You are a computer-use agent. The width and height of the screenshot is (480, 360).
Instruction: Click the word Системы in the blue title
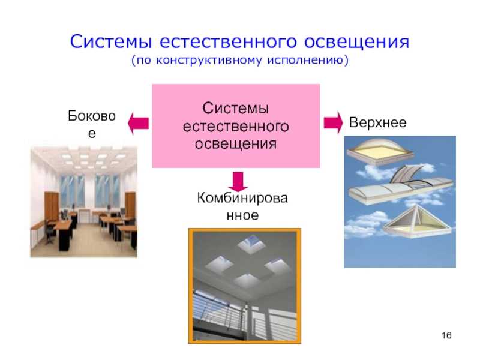(x=111, y=41)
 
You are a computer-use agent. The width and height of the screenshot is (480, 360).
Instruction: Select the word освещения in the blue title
(x=356, y=42)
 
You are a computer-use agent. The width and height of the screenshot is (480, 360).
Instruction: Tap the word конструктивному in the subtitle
(x=209, y=61)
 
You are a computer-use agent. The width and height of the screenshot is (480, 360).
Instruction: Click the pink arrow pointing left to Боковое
(x=139, y=124)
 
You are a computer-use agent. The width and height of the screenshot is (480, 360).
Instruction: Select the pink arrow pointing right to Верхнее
(x=333, y=123)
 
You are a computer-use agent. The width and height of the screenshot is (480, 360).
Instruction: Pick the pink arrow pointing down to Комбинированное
(x=238, y=181)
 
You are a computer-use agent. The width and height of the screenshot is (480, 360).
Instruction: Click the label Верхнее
(x=378, y=123)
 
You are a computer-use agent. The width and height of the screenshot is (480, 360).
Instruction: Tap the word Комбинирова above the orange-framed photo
(x=242, y=198)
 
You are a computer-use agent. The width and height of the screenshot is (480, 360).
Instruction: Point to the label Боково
(x=92, y=116)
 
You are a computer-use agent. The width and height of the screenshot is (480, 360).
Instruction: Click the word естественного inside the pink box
(x=236, y=127)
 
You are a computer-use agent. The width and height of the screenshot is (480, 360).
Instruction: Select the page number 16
(x=446, y=335)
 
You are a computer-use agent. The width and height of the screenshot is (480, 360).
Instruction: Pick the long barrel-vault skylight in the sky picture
(x=400, y=187)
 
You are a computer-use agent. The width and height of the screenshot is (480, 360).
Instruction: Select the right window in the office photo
(x=107, y=191)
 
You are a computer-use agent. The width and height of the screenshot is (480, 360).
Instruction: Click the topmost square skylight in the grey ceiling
(x=251, y=243)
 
